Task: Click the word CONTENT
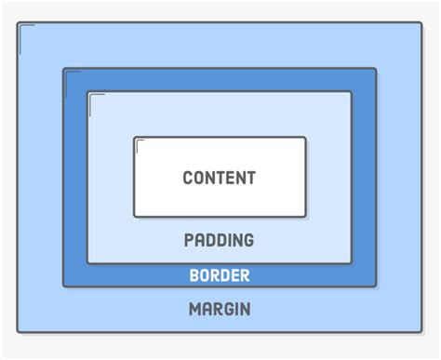(219, 178)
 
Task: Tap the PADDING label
(219, 241)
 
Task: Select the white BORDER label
(220, 275)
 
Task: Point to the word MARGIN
(220, 310)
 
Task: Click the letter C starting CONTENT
(188, 178)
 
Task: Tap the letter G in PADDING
(247, 241)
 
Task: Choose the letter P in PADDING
(190, 241)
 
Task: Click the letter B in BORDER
(194, 275)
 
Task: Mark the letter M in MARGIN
(195, 310)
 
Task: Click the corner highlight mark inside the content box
(140, 143)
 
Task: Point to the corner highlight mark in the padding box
(94, 98)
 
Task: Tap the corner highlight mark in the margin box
(25, 29)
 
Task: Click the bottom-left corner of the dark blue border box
(64, 286)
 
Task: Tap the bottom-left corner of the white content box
(135, 216)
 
